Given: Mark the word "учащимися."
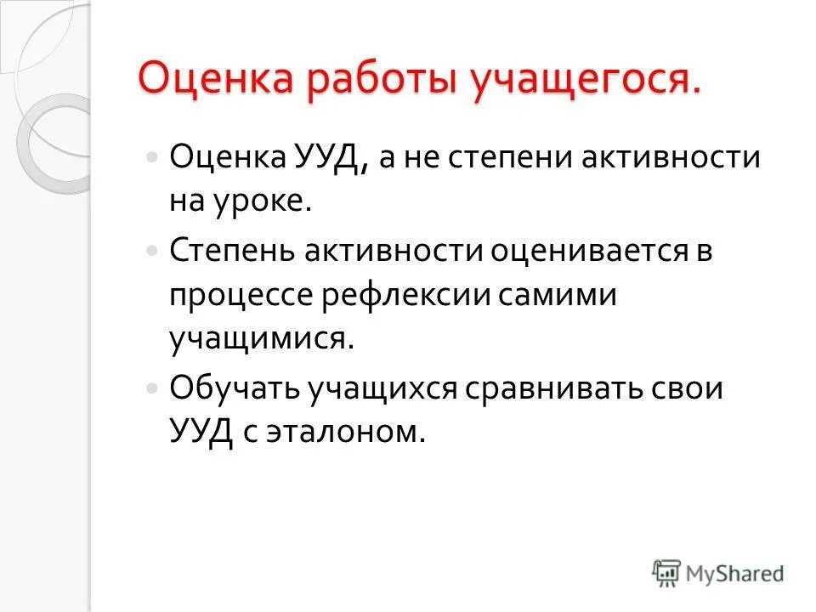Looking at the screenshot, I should click(260, 340).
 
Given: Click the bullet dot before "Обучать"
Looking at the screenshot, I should click(151, 387).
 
